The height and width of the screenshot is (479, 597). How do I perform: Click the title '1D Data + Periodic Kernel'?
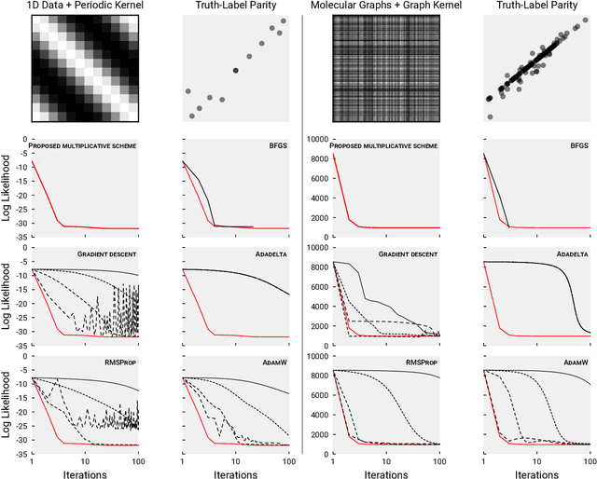(85, 8)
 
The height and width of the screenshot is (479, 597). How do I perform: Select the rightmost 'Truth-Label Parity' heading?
(537, 8)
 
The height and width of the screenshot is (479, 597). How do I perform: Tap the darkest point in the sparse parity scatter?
(235, 70)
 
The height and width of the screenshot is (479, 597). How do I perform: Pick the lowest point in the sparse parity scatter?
(192, 116)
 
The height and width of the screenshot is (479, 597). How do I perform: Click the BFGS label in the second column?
(277, 147)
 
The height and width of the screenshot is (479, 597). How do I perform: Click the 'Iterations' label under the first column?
(85, 472)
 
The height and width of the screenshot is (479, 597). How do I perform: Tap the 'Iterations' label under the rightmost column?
(537, 472)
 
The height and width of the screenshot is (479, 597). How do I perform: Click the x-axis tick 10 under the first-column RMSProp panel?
(85, 459)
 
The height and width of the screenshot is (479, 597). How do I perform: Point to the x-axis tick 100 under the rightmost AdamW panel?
(590, 459)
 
